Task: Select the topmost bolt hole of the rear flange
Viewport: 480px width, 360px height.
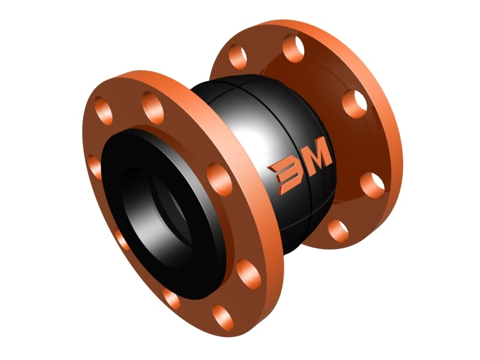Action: tap(293, 49)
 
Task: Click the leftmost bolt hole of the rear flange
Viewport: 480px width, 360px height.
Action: tap(238, 56)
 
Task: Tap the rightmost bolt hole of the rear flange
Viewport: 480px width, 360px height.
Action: tap(372, 185)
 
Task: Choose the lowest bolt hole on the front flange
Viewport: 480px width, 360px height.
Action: tap(223, 318)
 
